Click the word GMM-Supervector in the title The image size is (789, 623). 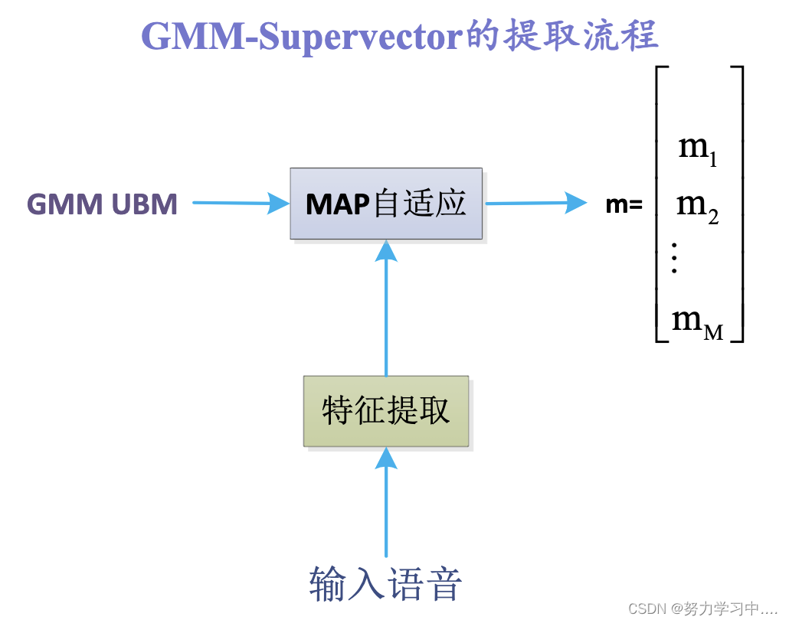303,35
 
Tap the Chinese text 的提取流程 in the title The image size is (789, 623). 562,35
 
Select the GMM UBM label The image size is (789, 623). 102,204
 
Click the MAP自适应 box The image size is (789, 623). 386,204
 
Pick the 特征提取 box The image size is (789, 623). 386,411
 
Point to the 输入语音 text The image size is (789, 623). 386,584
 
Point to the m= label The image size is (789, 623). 624,204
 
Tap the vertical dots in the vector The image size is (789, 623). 674,258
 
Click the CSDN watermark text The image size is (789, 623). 702,608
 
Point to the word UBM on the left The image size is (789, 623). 145,204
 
